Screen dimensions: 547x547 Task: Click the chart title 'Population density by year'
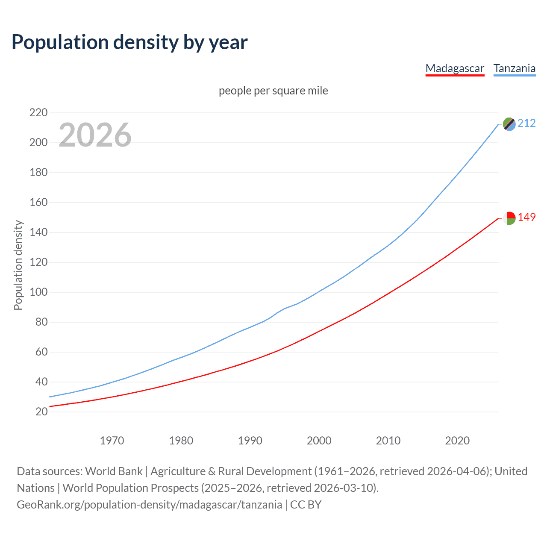click(x=129, y=42)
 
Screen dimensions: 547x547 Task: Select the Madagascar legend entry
click(x=455, y=68)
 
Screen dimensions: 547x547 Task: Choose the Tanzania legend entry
click(x=514, y=68)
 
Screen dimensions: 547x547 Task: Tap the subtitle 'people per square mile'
click(x=273, y=91)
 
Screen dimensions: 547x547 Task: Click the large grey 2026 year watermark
click(x=95, y=135)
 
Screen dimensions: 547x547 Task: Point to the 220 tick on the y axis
click(x=38, y=113)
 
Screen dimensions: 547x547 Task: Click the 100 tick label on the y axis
click(x=38, y=292)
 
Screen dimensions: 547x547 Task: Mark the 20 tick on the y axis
click(x=41, y=412)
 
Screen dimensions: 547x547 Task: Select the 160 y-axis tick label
click(x=38, y=203)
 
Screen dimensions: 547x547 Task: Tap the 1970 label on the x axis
click(x=112, y=441)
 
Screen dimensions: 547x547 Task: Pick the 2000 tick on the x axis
click(x=319, y=441)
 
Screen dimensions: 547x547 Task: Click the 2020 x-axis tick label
click(x=457, y=441)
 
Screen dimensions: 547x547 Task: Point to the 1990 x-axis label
click(x=250, y=441)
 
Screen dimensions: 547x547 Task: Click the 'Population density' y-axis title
click(x=18, y=265)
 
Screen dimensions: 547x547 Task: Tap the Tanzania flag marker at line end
click(x=509, y=124)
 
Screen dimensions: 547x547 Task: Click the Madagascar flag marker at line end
click(x=509, y=218)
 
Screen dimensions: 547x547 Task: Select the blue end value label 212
click(x=526, y=124)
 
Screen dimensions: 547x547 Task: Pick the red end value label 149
click(x=526, y=218)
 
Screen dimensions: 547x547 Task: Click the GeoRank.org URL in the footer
click(x=149, y=505)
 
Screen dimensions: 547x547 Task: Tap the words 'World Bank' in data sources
click(x=114, y=471)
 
